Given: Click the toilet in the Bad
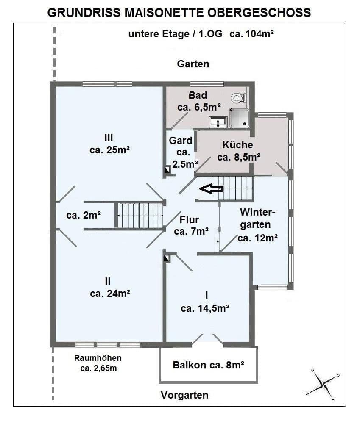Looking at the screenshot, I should (238, 98).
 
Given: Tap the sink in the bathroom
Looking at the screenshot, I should (218, 122).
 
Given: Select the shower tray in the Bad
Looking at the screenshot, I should (239, 118).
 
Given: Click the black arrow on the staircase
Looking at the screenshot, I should (211, 189).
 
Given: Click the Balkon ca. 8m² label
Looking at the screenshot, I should (208, 365).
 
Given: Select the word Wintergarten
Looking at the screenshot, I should (257, 219).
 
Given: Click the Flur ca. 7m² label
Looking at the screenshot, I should (191, 225).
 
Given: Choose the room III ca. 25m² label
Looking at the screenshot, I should (109, 144).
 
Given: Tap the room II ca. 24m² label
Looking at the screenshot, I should (109, 287).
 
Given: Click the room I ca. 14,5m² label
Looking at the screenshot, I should (205, 302).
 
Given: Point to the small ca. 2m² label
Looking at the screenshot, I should (84, 215).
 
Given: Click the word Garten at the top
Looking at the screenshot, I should (193, 64).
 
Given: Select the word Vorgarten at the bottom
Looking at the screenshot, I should (184, 395).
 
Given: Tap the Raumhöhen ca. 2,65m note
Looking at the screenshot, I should (98, 363).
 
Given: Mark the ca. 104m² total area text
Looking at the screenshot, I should (251, 34).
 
